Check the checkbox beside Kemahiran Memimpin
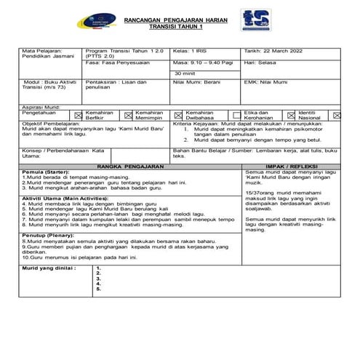[128, 114]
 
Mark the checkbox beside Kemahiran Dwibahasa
[179, 114]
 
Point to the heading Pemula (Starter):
[44, 172]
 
